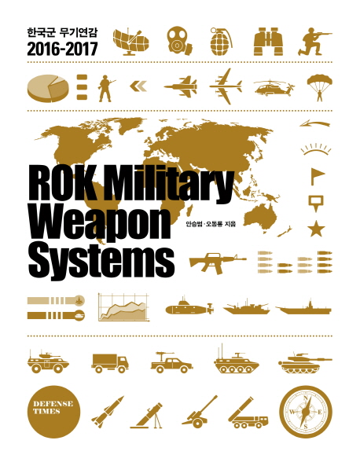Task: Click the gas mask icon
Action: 178,41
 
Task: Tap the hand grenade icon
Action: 221,41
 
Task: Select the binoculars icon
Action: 268,42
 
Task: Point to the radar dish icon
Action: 130,42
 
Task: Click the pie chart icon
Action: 48,88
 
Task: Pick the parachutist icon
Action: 320,87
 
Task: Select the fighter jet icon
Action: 181,86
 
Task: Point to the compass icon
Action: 306,412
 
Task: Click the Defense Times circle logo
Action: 53,412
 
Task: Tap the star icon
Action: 316,228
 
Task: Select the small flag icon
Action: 317,176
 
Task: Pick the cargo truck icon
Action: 110,363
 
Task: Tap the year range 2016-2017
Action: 62,49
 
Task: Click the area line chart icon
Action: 123,307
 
